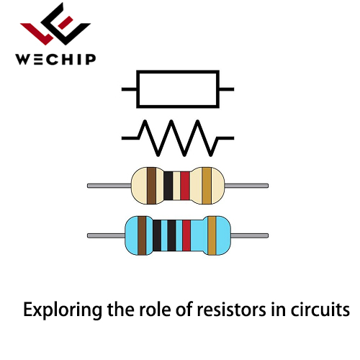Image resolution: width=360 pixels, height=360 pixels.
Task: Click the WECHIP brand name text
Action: click(55, 59)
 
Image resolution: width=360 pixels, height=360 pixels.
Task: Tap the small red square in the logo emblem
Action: click(66, 22)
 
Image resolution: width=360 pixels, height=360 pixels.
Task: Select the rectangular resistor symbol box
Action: click(178, 89)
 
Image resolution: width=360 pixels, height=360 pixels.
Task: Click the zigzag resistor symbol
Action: click(178, 138)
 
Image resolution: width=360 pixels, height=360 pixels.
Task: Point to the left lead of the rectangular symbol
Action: click(129, 89)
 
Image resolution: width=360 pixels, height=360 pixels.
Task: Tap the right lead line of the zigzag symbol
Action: click(225, 138)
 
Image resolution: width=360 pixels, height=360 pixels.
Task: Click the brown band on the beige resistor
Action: click(151, 186)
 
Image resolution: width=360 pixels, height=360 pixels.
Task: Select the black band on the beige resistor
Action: click(168, 186)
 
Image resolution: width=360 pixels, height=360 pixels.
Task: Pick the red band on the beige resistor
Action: click(185, 186)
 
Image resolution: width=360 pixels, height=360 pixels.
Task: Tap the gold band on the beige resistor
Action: click(207, 186)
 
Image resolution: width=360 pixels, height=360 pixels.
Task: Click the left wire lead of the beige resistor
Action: click(109, 186)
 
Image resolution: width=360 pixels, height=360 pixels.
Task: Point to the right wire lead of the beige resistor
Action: click(246, 186)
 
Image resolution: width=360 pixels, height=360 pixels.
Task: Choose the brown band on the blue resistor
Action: click(142, 235)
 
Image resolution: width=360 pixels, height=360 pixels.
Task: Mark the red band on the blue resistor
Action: click(186, 235)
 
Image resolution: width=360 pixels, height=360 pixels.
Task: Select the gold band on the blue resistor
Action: click(212, 235)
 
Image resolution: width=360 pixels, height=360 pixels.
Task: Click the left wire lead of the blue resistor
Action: click(106, 235)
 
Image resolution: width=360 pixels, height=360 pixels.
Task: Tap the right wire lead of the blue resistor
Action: click(250, 235)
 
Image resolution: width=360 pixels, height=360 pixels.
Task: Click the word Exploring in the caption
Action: click(63, 310)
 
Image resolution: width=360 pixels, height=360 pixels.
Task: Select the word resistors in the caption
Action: click(231, 310)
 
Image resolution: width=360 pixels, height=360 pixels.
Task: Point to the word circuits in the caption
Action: click(320, 310)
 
